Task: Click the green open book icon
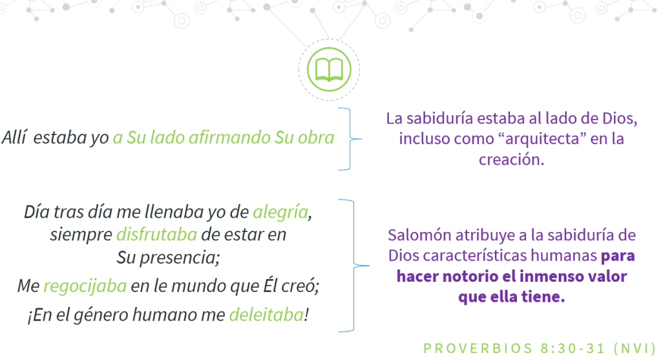pyautogui.click(x=329, y=70)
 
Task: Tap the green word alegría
pyautogui.click(x=280, y=212)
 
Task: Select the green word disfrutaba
pyautogui.click(x=156, y=235)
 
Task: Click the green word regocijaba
pyautogui.click(x=85, y=286)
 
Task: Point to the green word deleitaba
pyautogui.click(x=266, y=315)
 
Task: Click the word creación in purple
pyautogui.click(x=511, y=160)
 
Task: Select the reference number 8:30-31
pyautogui.click(x=573, y=348)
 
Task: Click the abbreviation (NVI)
pyautogui.click(x=635, y=348)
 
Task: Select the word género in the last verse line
pyautogui.click(x=100, y=315)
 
